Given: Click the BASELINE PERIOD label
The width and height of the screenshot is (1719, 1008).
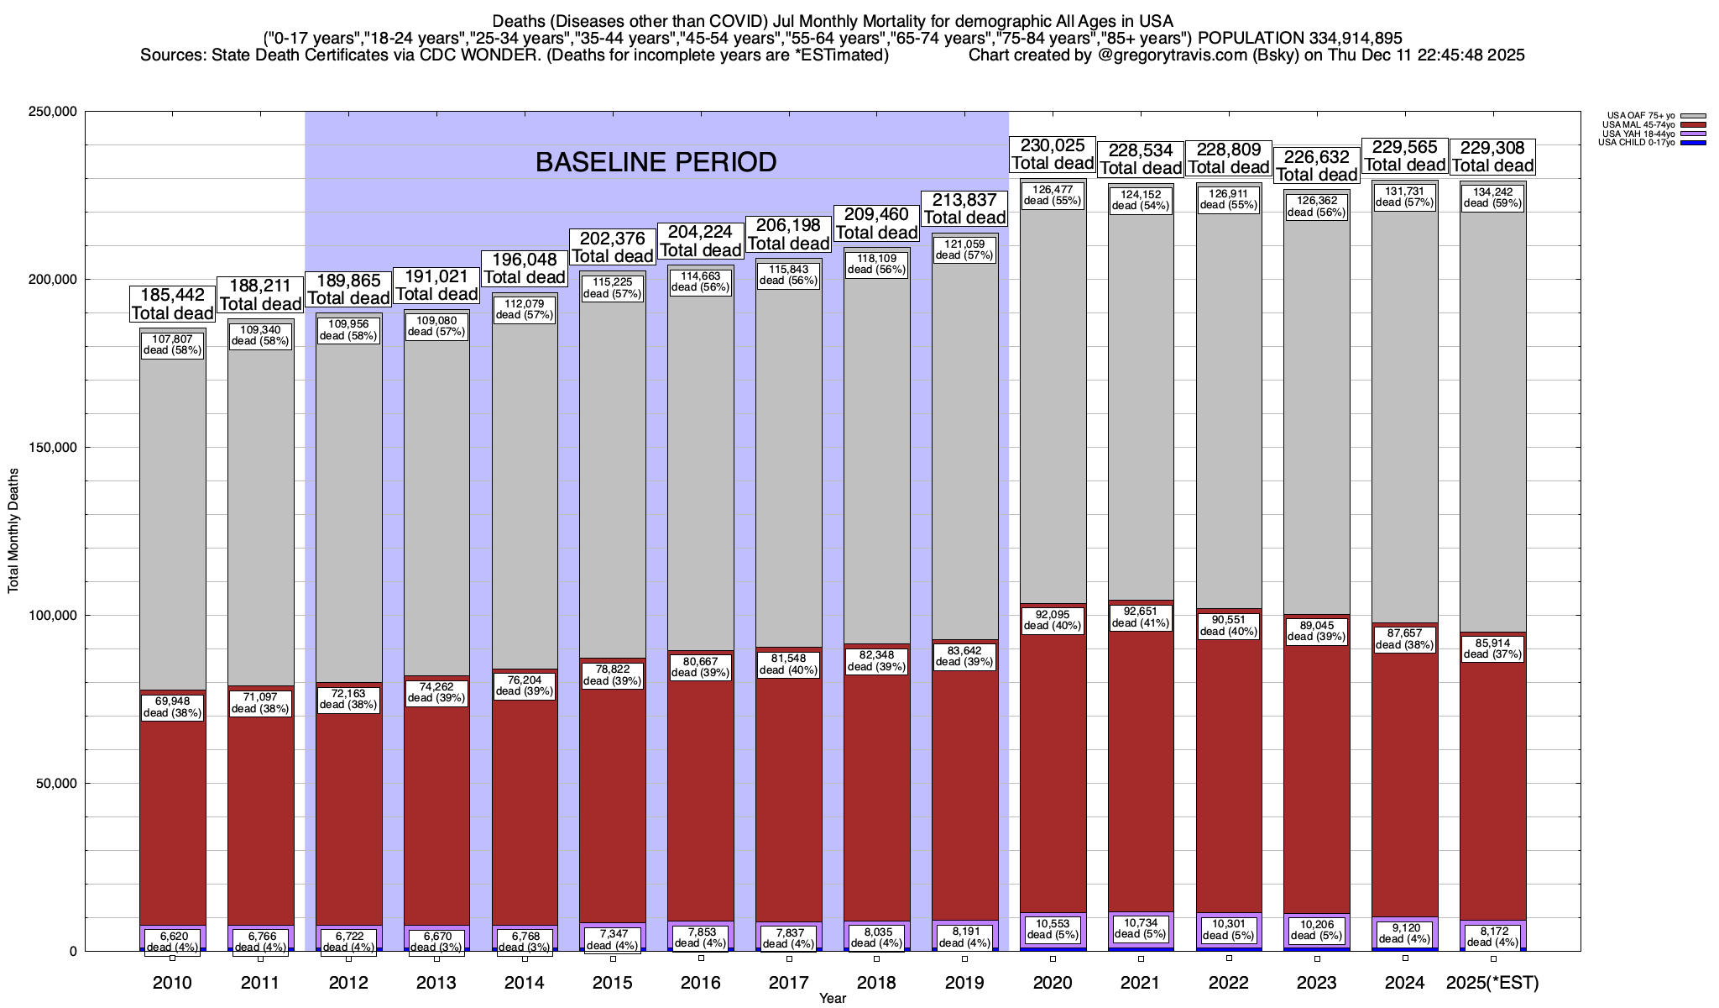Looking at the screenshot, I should [x=656, y=162].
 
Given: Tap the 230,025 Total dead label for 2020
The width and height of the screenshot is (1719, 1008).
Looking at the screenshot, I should [x=1053, y=155].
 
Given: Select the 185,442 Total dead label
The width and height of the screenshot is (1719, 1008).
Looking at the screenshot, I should [x=172, y=304].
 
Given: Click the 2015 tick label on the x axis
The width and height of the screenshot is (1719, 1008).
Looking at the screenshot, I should [x=612, y=982].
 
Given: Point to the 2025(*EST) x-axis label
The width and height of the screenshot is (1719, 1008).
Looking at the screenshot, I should [x=1493, y=982].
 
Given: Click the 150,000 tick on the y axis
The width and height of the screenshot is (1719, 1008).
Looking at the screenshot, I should [x=52, y=448].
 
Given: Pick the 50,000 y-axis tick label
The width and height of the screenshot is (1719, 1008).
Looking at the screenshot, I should [x=55, y=784].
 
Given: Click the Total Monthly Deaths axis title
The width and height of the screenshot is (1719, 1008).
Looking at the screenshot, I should [x=13, y=531].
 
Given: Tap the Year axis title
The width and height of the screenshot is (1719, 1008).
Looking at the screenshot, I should [x=833, y=999].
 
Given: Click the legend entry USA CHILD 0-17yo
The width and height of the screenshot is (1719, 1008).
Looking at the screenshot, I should [x=1636, y=142].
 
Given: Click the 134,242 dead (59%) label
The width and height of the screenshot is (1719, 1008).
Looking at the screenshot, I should [x=1492, y=197].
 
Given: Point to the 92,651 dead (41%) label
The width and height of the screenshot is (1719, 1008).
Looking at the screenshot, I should [x=1141, y=617].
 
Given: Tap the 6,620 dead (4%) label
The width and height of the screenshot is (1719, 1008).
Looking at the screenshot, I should [x=172, y=941].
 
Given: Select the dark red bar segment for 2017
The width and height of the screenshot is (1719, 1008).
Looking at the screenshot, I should [x=789, y=798].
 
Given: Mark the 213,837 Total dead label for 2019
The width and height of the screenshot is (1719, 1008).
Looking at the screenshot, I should [x=964, y=209].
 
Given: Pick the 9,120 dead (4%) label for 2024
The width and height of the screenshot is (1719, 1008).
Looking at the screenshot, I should [x=1405, y=933].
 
